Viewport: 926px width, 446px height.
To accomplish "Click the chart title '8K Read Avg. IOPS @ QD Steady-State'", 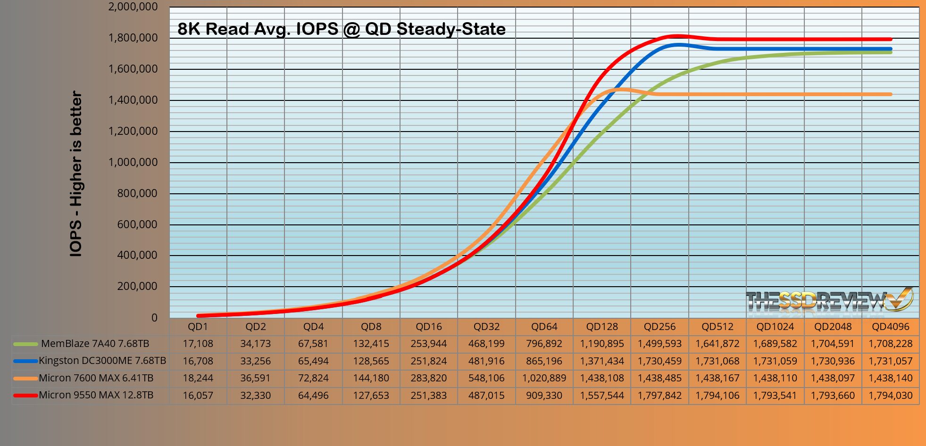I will (x=342, y=29).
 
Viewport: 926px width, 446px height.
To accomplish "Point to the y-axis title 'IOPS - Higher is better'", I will (x=76, y=174).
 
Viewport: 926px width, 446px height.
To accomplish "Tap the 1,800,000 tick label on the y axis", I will (x=133, y=38).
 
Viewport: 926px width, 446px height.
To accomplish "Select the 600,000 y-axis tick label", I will (x=137, y=224).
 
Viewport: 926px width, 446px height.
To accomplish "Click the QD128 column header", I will (x=602, y=327).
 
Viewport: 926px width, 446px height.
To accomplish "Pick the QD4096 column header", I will (x=890, y=327).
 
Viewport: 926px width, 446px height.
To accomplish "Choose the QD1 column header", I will (x=198, y=327).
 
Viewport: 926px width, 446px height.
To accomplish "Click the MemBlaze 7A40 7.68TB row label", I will (x=95, y=344).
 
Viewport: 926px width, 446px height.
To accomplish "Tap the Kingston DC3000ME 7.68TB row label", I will (x=102, y=361).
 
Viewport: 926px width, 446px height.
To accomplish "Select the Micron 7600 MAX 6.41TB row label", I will (x=96, y=378).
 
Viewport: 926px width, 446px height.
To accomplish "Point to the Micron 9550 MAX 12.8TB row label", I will (x=96, y=395).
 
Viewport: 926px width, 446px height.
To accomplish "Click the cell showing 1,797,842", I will (x=659, y=396).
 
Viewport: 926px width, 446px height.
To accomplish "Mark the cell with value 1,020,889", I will (x=544, y=378).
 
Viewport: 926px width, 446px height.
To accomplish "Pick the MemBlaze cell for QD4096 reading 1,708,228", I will (x=890, y=344).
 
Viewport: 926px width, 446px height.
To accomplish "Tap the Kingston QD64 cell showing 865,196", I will (x=544, y=361).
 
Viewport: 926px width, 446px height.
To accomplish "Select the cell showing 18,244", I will (x=198, y=378).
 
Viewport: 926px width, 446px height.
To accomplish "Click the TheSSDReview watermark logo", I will (x=829, y=300).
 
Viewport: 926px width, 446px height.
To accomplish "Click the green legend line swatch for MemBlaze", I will (x=25, y=344).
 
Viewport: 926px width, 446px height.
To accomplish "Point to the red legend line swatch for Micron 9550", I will (x=25, y=396).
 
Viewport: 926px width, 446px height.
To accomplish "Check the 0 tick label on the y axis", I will (x=154, y=318).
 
